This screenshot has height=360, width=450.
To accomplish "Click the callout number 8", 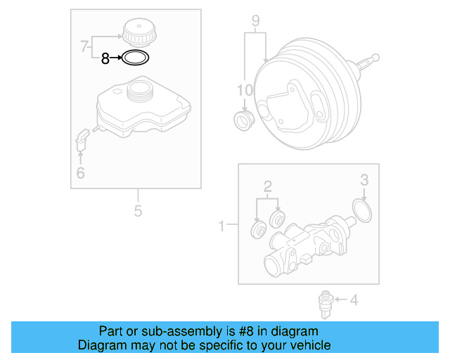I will tap(105, 59).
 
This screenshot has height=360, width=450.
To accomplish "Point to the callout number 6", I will tap(80, 172).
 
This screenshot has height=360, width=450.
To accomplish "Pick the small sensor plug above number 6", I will tap(81, 138).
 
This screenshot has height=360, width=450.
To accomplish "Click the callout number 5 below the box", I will tap(138, 210).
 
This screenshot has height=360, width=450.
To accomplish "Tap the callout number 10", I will tap(243, 90).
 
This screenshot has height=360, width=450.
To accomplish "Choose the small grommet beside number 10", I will tap(244, 120).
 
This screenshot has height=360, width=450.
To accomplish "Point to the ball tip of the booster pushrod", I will tap(378, 58).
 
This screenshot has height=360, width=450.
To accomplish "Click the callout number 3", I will tap(364, 181).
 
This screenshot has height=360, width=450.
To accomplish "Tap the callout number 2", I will tap(268, 186).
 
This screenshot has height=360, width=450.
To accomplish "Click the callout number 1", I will tap(222, 226).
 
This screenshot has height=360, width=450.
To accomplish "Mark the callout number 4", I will tap(354, 301).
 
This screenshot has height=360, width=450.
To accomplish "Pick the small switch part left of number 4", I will tap(324, 302).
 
